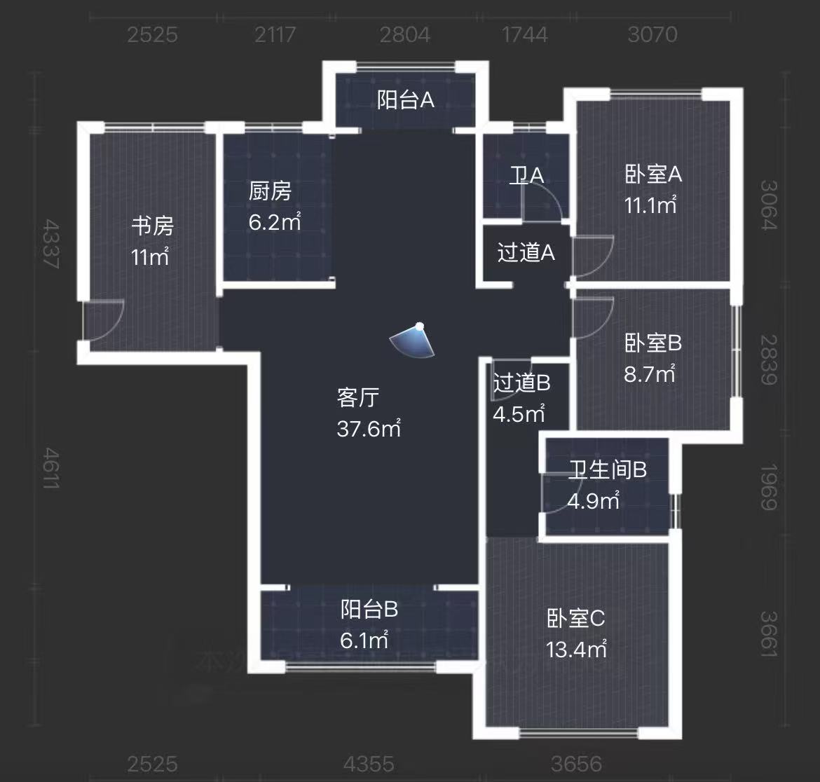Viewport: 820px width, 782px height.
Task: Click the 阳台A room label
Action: coord(405,100)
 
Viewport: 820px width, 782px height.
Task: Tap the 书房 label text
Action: coord(152,226)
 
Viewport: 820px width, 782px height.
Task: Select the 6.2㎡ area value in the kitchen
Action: coord(275,222)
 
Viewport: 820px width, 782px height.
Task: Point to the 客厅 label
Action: coord(358,397)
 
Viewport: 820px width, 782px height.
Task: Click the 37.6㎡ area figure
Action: coord(369,428)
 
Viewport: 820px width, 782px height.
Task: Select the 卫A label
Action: coord(526,174)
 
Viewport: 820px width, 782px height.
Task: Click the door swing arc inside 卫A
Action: coord(543,203)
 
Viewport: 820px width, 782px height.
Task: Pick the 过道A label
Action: coord(526,252)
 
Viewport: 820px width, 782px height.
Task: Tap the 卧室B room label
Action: coord(652,343)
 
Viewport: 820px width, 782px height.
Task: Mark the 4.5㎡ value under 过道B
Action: coord(519,413)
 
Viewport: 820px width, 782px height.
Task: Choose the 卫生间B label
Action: coord(607,469)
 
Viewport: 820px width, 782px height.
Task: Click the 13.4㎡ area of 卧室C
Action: coord(576,650)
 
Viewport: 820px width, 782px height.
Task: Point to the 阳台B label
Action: coord(369,609)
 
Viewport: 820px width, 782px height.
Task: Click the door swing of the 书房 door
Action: coord(105,320)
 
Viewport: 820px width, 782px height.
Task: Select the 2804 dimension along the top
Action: coord(404,34)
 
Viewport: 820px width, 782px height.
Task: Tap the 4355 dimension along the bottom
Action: coord(369,763)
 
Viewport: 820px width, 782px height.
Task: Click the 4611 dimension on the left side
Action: coord(50,468)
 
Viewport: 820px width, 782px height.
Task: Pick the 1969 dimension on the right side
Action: coord(769,487)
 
